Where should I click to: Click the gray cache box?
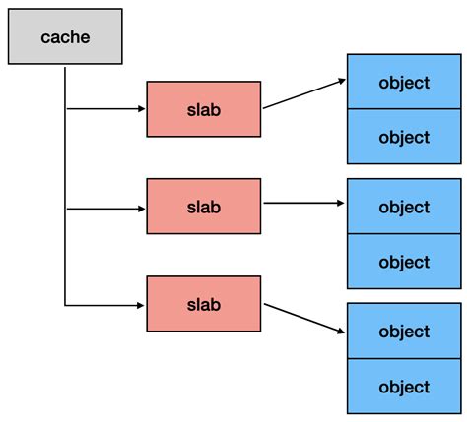tap(65, 36)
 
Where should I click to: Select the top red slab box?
tap(204, 108)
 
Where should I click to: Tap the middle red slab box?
tap(204, 206)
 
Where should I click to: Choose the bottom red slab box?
tap(204, 304)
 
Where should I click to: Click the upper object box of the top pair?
tap(404, 82)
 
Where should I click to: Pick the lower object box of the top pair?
tap(404, 137)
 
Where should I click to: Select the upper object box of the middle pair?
tap(404, 207)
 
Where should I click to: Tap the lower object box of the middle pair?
tap(404, 262)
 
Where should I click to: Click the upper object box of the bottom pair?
tap(404, 332)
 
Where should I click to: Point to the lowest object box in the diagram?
tap(404, 387)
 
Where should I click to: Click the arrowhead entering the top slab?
tap(141, 108)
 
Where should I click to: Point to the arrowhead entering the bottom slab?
tap(141, 304)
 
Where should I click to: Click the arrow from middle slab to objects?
tap(303, 204)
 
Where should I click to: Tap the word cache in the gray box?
tap(65, 36)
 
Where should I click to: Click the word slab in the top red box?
tap(204, 108)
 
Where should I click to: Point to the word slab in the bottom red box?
tap(204, 304)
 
